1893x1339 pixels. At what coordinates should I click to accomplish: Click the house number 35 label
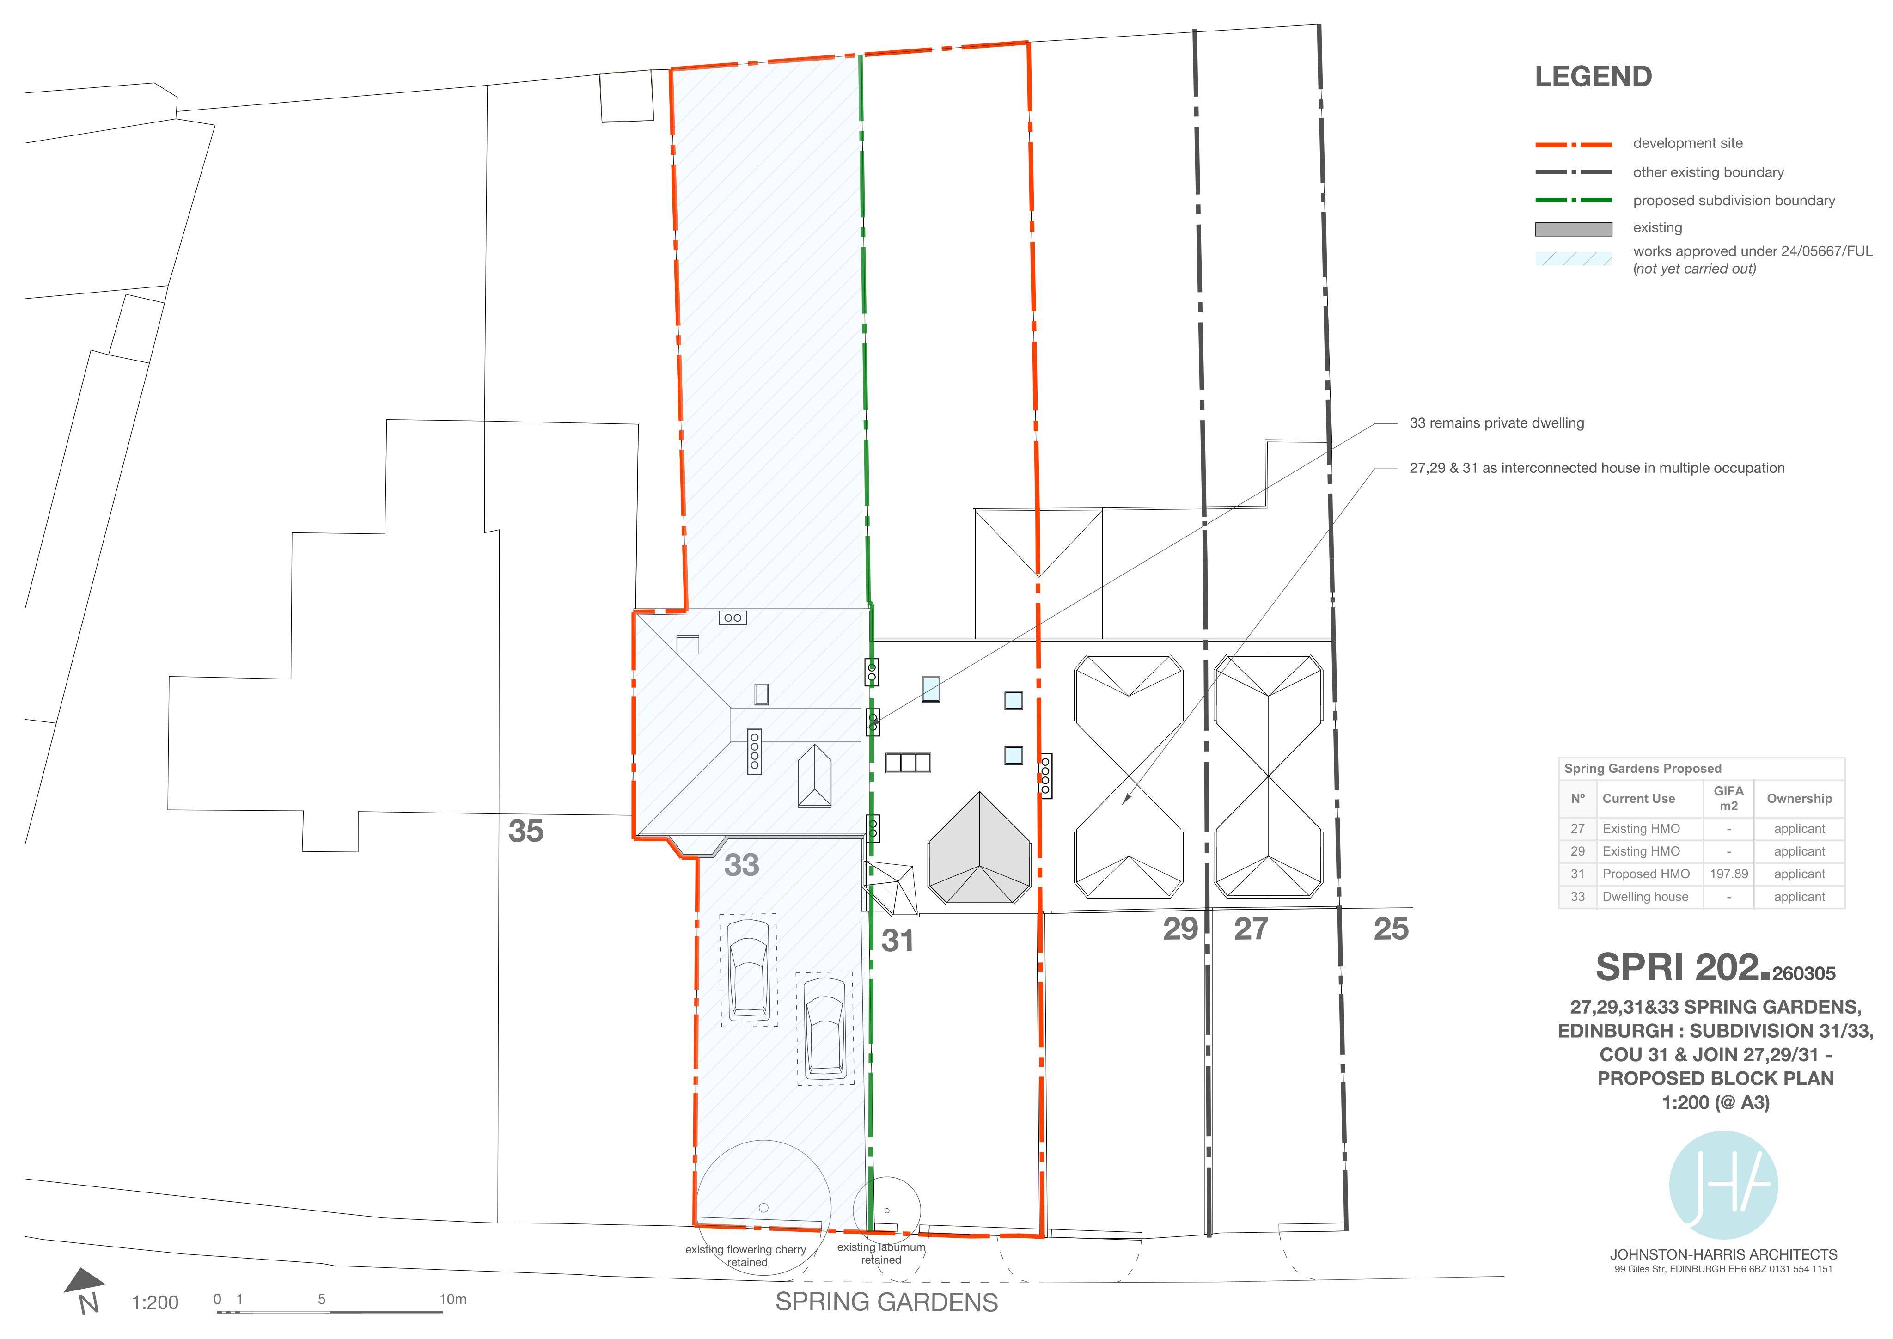[x=526, y=831]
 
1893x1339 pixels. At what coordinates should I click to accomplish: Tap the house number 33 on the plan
[x=741, y=865]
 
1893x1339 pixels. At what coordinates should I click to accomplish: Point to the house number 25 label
[x=1391, y=929]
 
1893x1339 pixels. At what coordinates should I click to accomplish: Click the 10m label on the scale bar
[x=452, y=1299]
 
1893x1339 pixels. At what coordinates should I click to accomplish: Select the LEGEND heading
[x=1593, y=77]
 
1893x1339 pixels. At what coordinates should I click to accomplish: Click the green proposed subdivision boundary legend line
[x=1573, y=200]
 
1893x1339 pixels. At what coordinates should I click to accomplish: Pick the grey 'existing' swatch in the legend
[x=1573, y=229]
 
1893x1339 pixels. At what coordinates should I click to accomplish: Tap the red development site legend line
[x=1573, y=144]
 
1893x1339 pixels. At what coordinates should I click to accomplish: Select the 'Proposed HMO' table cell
[x=1646, y=874]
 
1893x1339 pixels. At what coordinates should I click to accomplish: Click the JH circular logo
[x=1723, y=1185]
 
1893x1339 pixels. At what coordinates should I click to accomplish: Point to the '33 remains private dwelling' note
[x=1496, y=423]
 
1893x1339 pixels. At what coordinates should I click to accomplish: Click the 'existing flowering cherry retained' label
[x=745, y=1256]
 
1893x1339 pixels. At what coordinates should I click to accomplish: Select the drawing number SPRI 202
[x=1682, y=967]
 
